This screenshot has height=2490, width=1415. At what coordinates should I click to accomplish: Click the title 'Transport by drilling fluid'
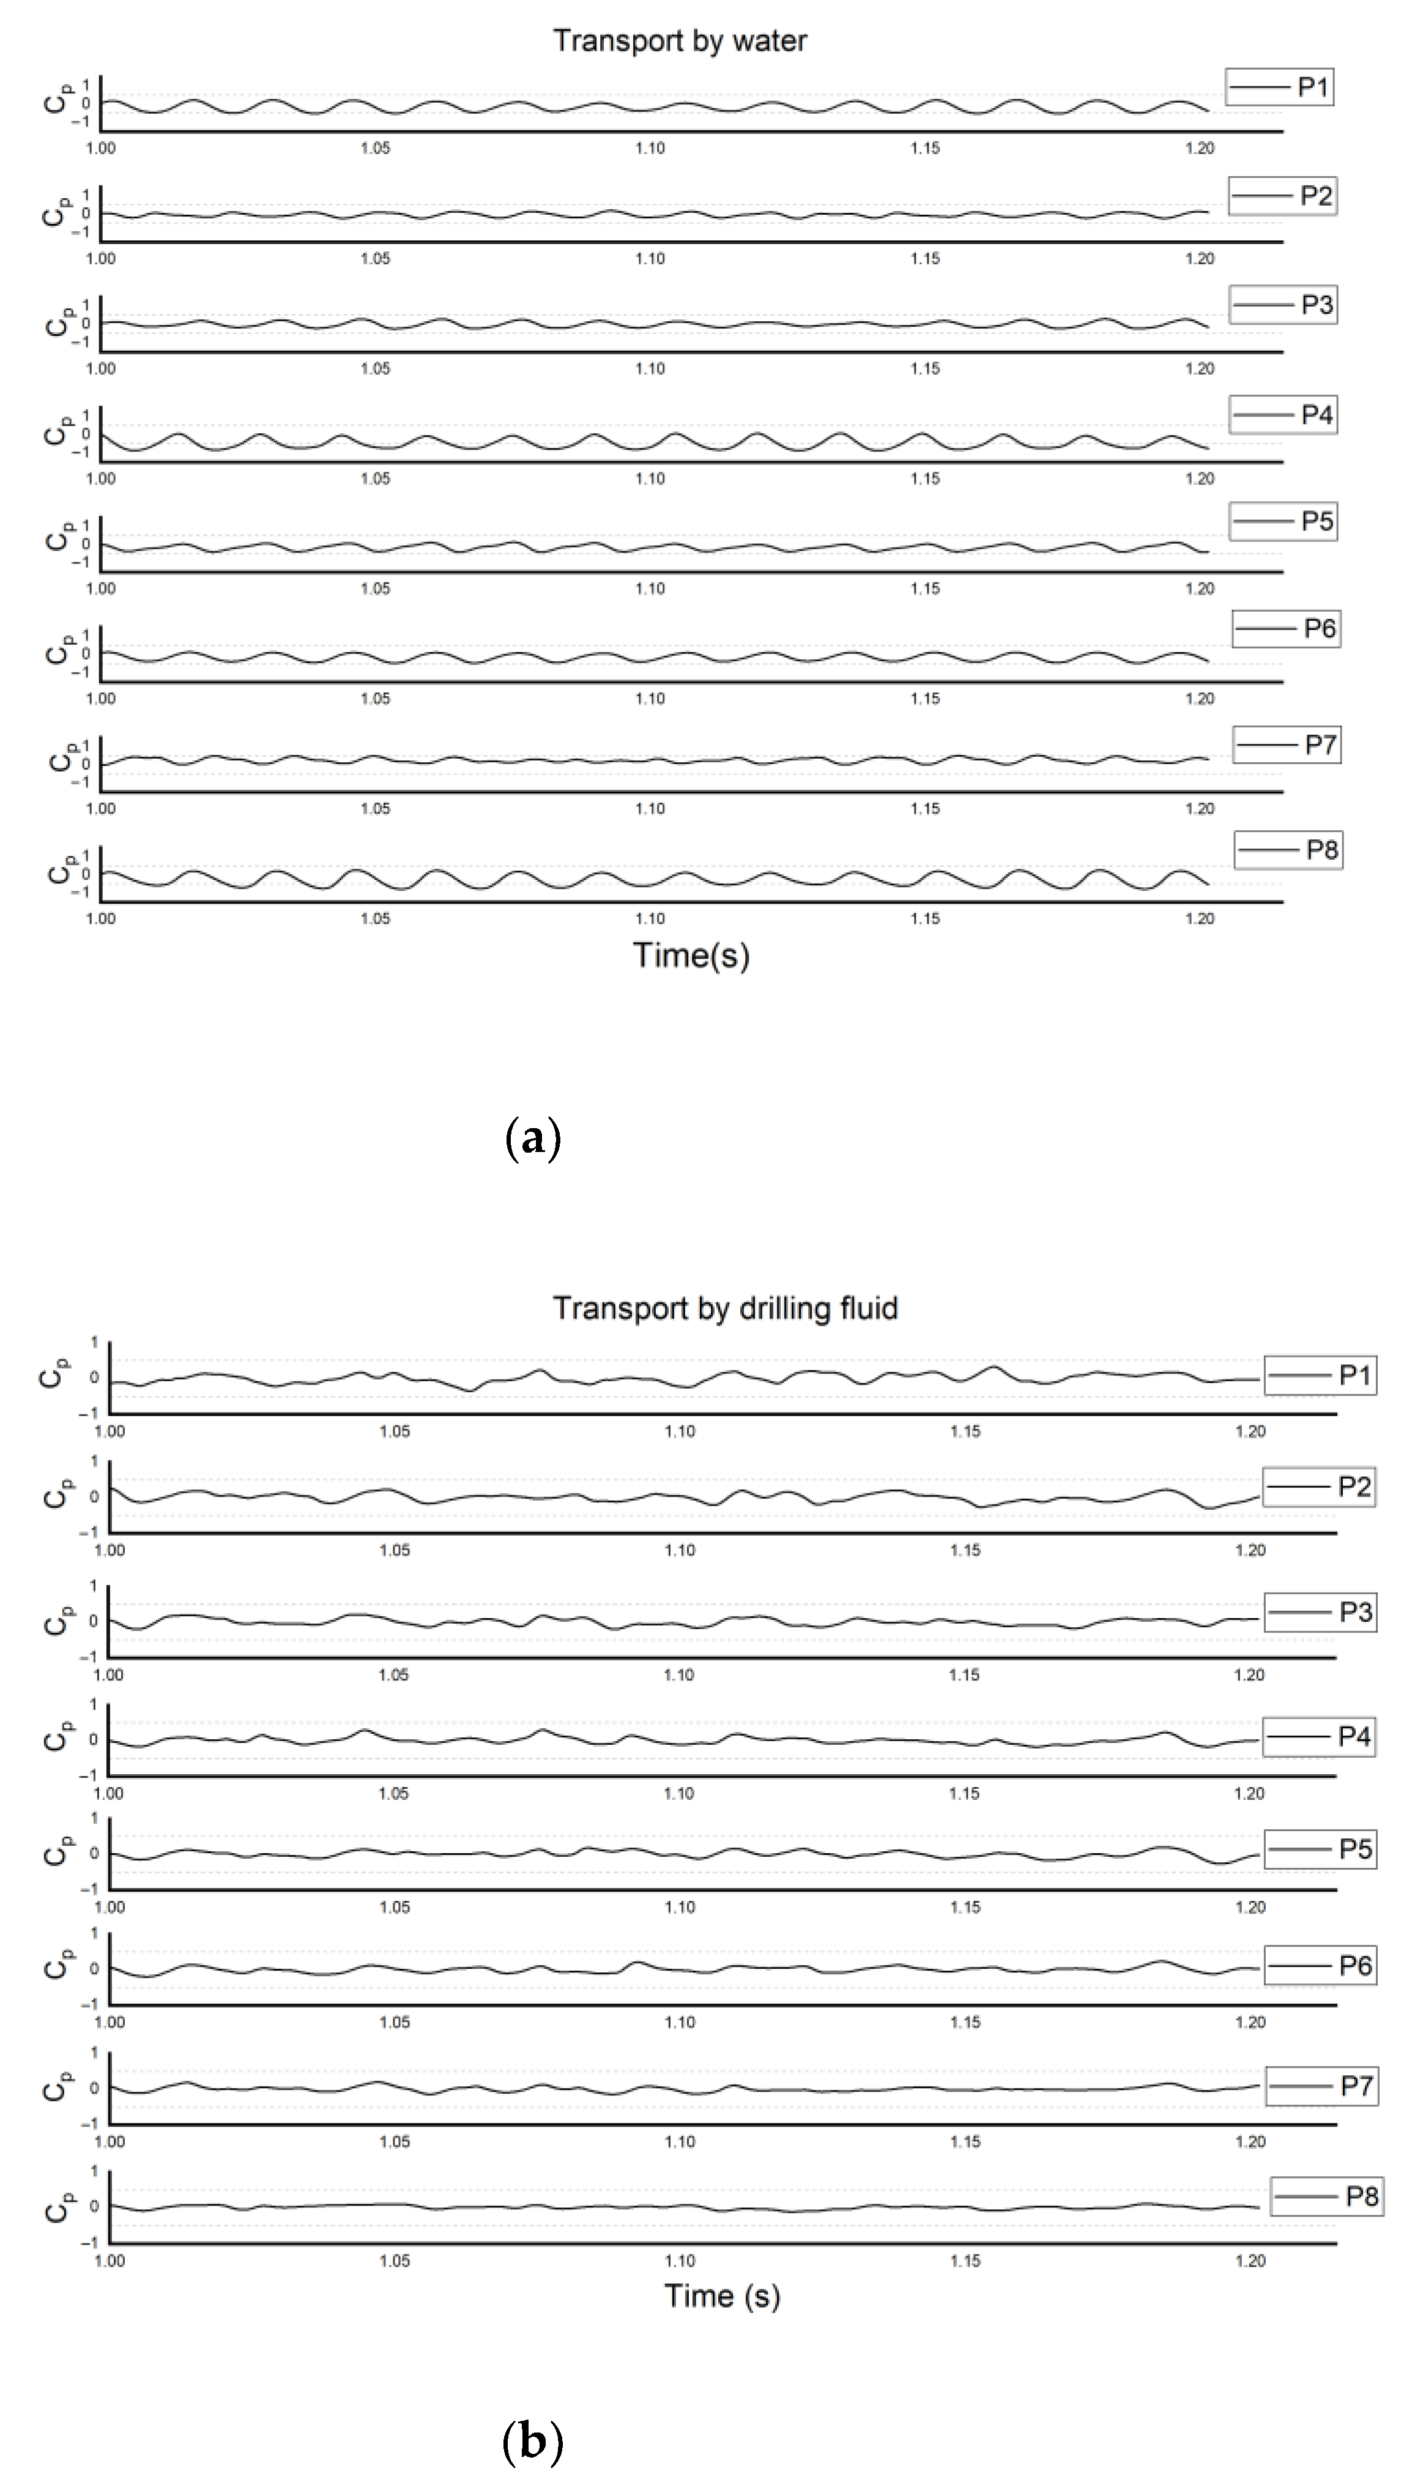click(x=725, y=1308)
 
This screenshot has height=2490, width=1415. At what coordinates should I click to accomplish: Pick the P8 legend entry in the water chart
click(x=1288, y=850)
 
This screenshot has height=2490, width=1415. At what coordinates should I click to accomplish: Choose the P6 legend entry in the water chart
click(x=1287, y=629)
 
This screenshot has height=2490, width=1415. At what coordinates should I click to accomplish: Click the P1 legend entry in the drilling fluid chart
click(x=1320, y=1375)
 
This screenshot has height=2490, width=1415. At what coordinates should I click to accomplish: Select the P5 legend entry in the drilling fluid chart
click(x=1320, y=1849)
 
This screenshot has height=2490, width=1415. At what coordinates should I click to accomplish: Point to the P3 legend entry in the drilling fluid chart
click(x=1320, y=1612)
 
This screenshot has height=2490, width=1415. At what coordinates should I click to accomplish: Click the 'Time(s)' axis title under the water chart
click(x=691, y=956)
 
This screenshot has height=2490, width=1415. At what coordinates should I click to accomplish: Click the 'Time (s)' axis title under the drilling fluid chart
click(x=722, y=2295)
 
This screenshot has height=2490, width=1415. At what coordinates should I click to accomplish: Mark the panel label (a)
click(x=533, y=1137)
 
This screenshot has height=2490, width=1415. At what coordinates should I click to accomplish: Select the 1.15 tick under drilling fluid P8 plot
click(x=965, y=2261)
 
